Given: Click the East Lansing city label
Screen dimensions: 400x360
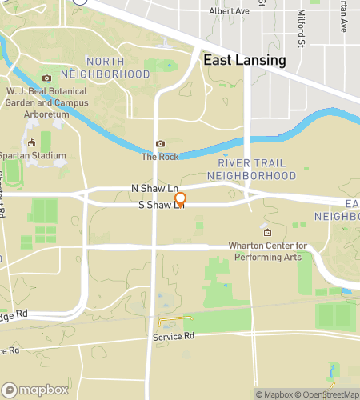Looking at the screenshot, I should (x=244, y=61).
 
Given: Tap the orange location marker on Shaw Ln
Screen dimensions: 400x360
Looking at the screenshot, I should (x=181, y=199).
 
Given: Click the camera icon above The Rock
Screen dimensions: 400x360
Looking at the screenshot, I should (x=160, y=143).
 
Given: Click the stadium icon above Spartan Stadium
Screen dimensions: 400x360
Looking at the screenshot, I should (x=32, y=143).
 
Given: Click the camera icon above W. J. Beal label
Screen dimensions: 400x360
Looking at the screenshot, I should (x=46, y=78).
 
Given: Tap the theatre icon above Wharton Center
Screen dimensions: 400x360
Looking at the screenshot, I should (x=267, y=232).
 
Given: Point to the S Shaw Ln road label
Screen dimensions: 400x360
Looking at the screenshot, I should (x=161, y=206).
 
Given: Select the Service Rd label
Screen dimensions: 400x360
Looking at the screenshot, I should (x=174, y=337).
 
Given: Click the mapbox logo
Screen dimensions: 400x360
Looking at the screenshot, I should (x=34, y=390).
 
